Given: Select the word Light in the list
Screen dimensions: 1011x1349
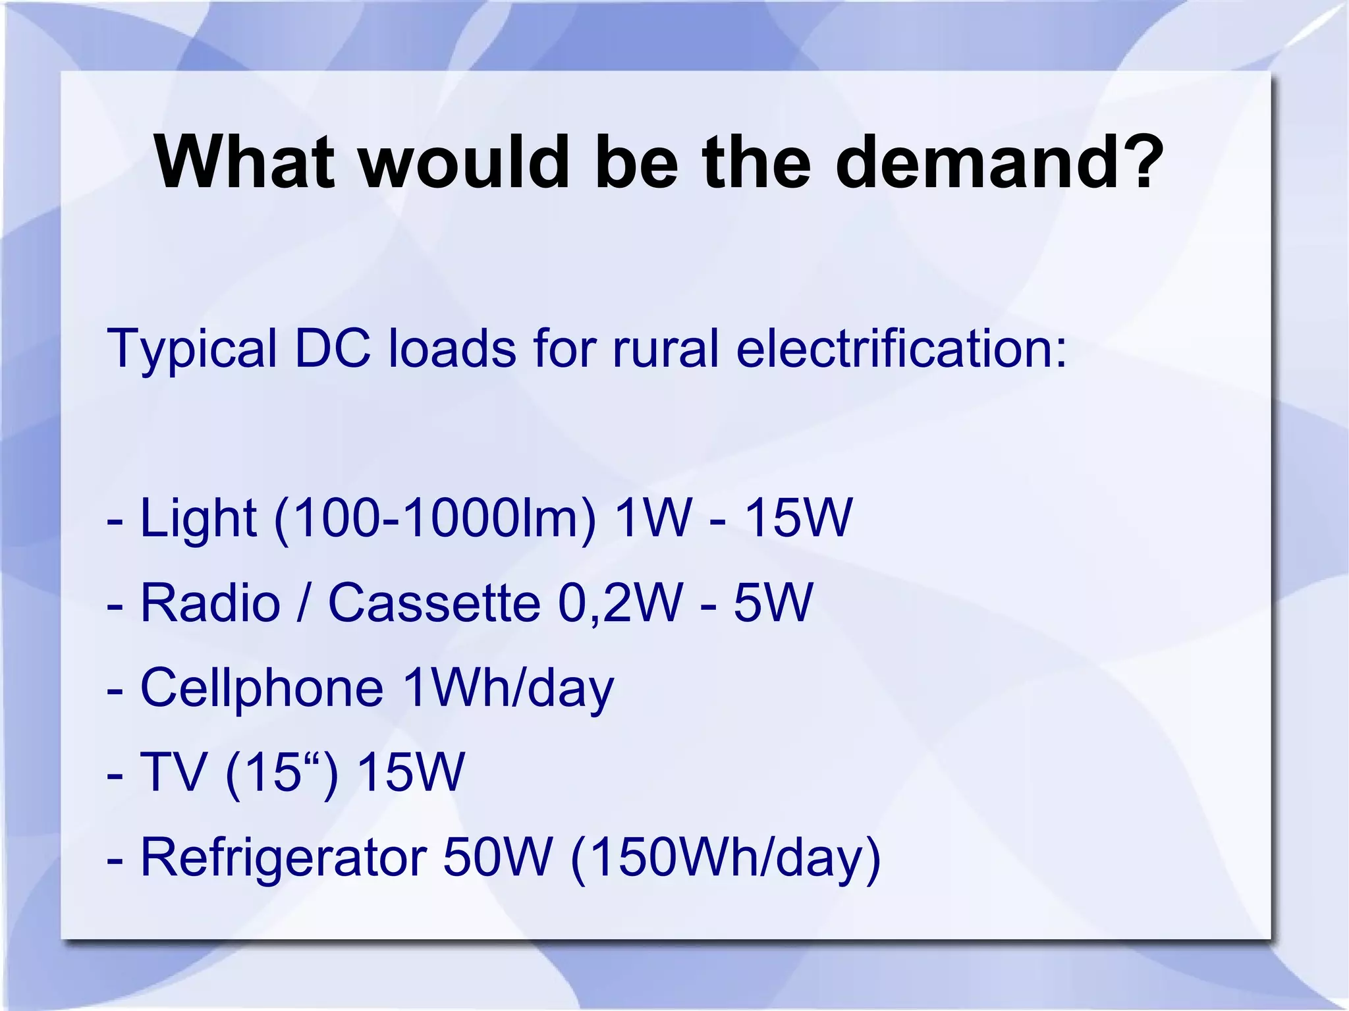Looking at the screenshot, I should (198, 519).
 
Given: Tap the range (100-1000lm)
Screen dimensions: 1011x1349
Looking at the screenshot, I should (435, 519).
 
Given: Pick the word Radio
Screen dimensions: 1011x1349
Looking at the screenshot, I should (210, 603).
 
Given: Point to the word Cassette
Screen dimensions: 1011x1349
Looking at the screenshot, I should (434, 603).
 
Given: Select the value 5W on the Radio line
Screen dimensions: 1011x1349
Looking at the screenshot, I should (773, 603).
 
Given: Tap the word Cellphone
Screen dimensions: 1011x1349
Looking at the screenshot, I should (262, 689).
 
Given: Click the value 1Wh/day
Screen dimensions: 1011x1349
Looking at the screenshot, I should (507, 689).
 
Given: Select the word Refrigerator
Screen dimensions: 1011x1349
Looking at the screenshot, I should (283, 858).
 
